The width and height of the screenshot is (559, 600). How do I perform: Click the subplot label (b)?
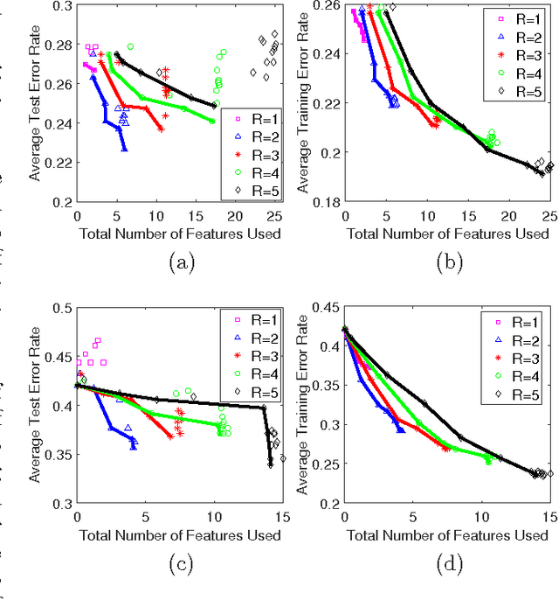(448, 260)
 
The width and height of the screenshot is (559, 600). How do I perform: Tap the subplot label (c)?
(180, 563)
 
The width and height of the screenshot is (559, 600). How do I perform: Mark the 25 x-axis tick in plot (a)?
(274, 216)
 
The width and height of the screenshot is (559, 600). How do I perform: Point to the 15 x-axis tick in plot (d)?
(546, 518)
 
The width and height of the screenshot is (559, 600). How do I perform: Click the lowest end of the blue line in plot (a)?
(125, 150)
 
